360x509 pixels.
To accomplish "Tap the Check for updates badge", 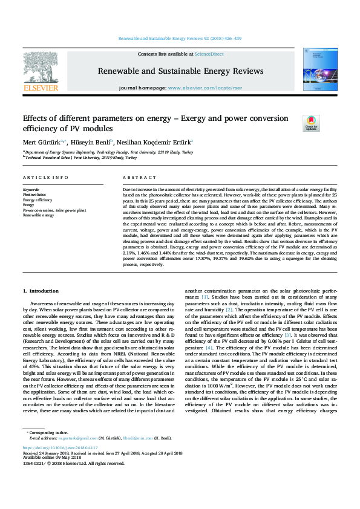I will [311, 123].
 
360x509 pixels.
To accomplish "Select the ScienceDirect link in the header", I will [211, 54].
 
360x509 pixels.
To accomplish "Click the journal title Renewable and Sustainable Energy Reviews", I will [180, 71].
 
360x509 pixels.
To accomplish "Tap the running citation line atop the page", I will [180, 38].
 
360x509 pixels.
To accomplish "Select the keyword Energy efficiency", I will [38, 199].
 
